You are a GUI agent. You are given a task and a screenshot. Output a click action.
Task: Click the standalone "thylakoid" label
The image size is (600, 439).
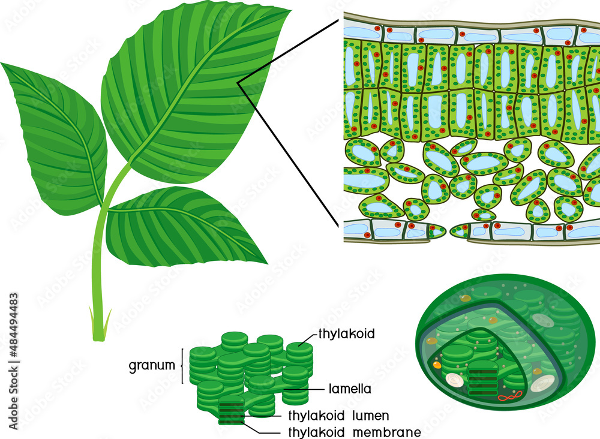click(x=347, y=334)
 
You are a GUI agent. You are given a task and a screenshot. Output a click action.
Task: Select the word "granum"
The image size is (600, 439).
click(x=151, y=365)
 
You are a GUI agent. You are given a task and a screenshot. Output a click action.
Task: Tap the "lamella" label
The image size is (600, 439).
click(x=350, y=389)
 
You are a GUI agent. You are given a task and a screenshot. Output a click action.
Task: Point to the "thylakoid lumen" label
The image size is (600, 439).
click(x=339, y=416)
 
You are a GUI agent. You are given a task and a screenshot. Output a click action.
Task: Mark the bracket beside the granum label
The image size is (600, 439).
click(x=182, y=365)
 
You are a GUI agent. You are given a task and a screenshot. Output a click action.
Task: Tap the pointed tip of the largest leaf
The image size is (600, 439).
click(x=290, y=10)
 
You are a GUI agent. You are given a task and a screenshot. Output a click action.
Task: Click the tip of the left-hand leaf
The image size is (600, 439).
click(x=2, y=64)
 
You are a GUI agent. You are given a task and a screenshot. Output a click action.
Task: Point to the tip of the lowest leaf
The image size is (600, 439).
click(x=265, y=262)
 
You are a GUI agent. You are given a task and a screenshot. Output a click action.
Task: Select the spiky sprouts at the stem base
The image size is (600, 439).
click(x=99, y=324)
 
